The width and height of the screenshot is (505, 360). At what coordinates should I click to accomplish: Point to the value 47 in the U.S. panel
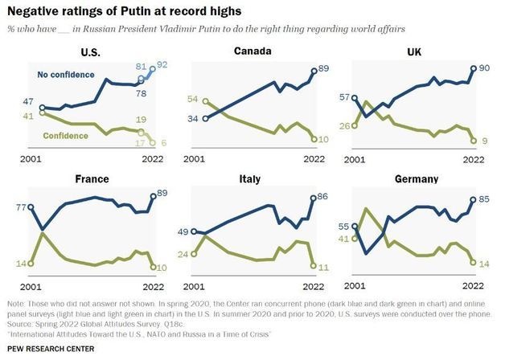coord(27,102)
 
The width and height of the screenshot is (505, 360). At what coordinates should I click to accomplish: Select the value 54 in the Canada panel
coord(192,99)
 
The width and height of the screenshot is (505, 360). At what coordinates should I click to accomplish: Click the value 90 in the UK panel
coord(486,70)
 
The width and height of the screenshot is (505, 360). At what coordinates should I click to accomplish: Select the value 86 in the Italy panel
coord(326,197)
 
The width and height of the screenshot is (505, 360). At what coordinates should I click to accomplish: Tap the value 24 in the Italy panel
coord(183,255)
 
